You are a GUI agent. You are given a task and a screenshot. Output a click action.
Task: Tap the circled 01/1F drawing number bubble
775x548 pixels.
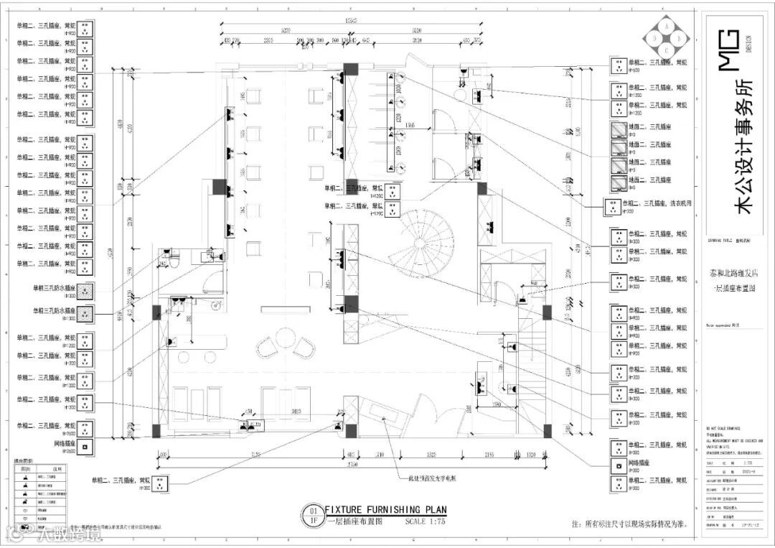click(x=313, y=515)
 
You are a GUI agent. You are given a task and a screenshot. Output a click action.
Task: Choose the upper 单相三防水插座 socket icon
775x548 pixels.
click(x=85, y=292)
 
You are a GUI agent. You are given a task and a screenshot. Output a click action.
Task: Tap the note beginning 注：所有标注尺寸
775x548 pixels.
click(x=629, y=524)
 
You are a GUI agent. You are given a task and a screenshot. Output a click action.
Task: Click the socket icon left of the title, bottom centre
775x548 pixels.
click(x=161, y=483)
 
